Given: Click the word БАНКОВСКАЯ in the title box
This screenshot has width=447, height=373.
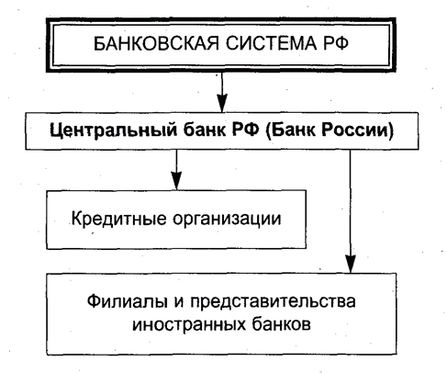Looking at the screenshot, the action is (156, 43).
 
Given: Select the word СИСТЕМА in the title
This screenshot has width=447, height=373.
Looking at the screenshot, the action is (271, 43).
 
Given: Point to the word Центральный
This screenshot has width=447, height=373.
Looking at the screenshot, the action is (114, 130).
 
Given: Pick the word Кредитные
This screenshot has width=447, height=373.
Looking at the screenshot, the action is (119, 219).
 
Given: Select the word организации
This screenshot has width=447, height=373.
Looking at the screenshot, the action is (227, 220).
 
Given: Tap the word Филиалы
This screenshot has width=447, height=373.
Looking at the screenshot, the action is (128, 301).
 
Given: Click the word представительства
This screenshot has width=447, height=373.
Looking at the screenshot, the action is (273, 302).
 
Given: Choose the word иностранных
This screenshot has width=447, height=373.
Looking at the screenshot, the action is (189, 324).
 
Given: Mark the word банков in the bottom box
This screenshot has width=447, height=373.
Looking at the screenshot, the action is (281, 324).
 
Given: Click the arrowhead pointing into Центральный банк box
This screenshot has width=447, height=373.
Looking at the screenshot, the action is (222, 104).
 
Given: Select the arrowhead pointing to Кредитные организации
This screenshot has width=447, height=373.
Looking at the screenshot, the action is (176, 181).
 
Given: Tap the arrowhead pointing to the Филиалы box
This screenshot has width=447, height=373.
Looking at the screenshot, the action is (351, 264).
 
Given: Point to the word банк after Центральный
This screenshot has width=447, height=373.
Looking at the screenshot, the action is (205, 130).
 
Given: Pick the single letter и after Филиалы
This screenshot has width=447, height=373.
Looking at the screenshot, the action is (179, 302).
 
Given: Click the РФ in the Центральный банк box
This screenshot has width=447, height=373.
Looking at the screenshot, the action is (245, 130).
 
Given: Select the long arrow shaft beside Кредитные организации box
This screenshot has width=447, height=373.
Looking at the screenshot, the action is (351, 202).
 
